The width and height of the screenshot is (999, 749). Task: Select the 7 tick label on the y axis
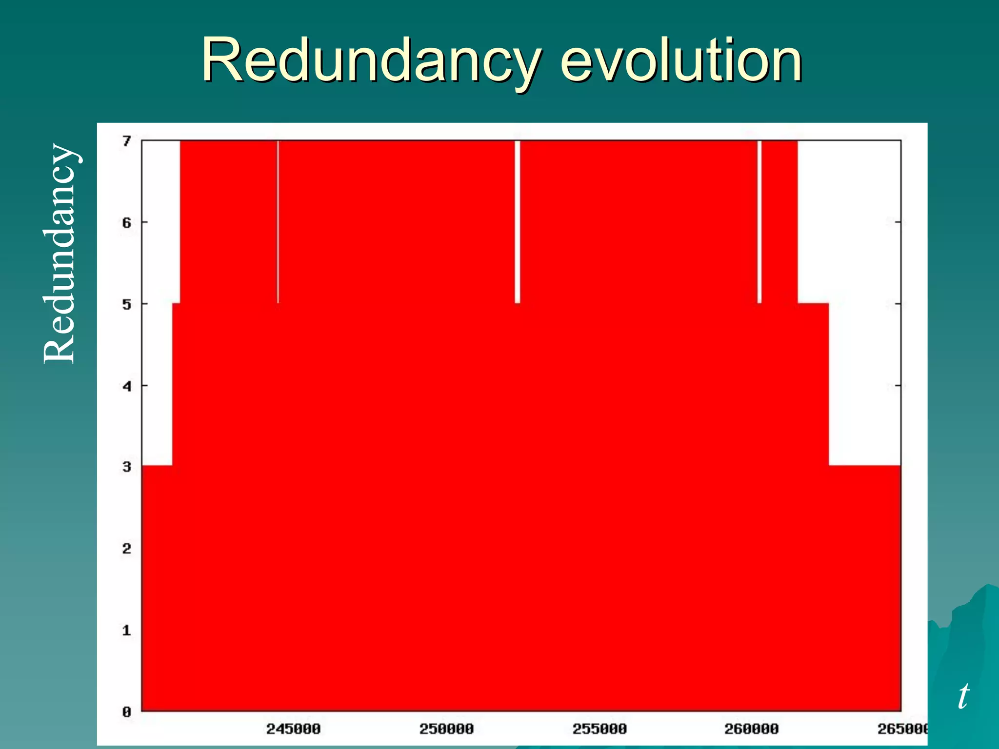[x=127, y=141]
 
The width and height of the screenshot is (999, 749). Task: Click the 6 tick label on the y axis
[x=127, y=223]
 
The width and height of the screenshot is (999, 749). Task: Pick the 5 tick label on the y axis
[x=127, y=305]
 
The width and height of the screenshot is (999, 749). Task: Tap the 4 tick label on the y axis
[x=127, y=387]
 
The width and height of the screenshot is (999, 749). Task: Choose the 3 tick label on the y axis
[x=127, y=467]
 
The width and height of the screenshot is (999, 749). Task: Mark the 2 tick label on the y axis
[x=127, y=549]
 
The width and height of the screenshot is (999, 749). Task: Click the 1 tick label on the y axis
[x=127, y=631]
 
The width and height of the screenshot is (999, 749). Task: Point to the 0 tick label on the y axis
[x=127, y=712]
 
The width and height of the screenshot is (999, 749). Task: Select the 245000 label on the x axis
[x=293, y=729]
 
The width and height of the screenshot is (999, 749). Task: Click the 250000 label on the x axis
[x=446, y=729]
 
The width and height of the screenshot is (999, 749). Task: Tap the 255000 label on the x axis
[x=599, y=729]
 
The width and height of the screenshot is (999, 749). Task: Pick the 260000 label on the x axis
[x=751, y=729]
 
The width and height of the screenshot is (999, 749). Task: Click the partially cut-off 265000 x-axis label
[x=902, y=729]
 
